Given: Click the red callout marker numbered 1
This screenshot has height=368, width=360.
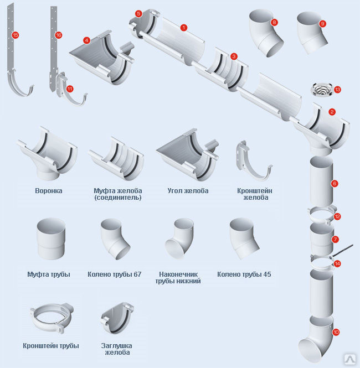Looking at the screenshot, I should tap(183, 27).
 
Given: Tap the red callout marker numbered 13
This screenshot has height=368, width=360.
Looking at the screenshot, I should tap(337, 89).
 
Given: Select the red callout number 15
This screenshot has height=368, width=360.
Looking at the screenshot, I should tap(15, 35).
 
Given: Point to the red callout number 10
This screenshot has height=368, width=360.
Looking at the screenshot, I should tap(336, 332).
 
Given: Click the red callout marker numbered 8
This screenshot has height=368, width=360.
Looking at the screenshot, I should tap(274, 22).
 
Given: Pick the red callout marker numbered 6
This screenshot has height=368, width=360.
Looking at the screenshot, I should tap(334, 183).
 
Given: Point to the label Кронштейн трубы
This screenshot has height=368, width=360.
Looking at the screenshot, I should tap(51, 345).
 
